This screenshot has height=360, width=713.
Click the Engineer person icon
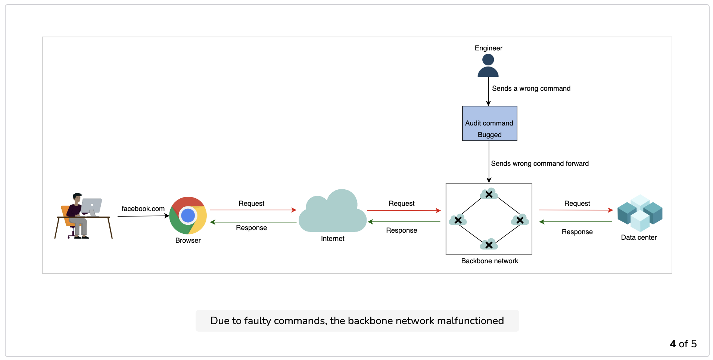pyautogui.click(x=488, y=65)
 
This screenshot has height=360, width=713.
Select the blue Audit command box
pyautogui.click(x=489, y=123)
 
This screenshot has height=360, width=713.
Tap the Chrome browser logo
pyautogui.click(x=188, y=215)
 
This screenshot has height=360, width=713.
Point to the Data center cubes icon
pyautogui.click(x=640, y=213)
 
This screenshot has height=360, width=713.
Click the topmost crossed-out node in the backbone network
pyautogui.click(x=489, y=194)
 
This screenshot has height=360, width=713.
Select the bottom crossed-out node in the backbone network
pyautogui.click(x=489, y=245)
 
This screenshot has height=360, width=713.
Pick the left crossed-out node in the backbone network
pyautogui.click(x=458, y=220)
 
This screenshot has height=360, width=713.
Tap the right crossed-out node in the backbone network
pyautogui.click(x=520, y=220)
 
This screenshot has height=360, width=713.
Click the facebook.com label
pyautogui.click(x=143, y=209)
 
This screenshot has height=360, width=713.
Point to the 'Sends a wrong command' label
pyautogui.click(x=531, y=89)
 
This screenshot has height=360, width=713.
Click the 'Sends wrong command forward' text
pyautogui.click(x=540, y=164)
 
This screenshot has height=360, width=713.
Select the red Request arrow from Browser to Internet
pyautogui.click(x=253, y=210)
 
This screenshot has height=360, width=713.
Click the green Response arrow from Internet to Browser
pyautogui.click(x=253, y=222)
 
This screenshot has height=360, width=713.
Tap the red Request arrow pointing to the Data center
pyautogui.click(x=576, y=210)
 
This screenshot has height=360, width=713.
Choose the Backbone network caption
pyautogui.click(x=490, y=261)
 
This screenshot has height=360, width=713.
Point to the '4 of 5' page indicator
pyautogui.click(x=683, y=344)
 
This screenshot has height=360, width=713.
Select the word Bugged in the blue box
pyautogui.click(x=490, y=135)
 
